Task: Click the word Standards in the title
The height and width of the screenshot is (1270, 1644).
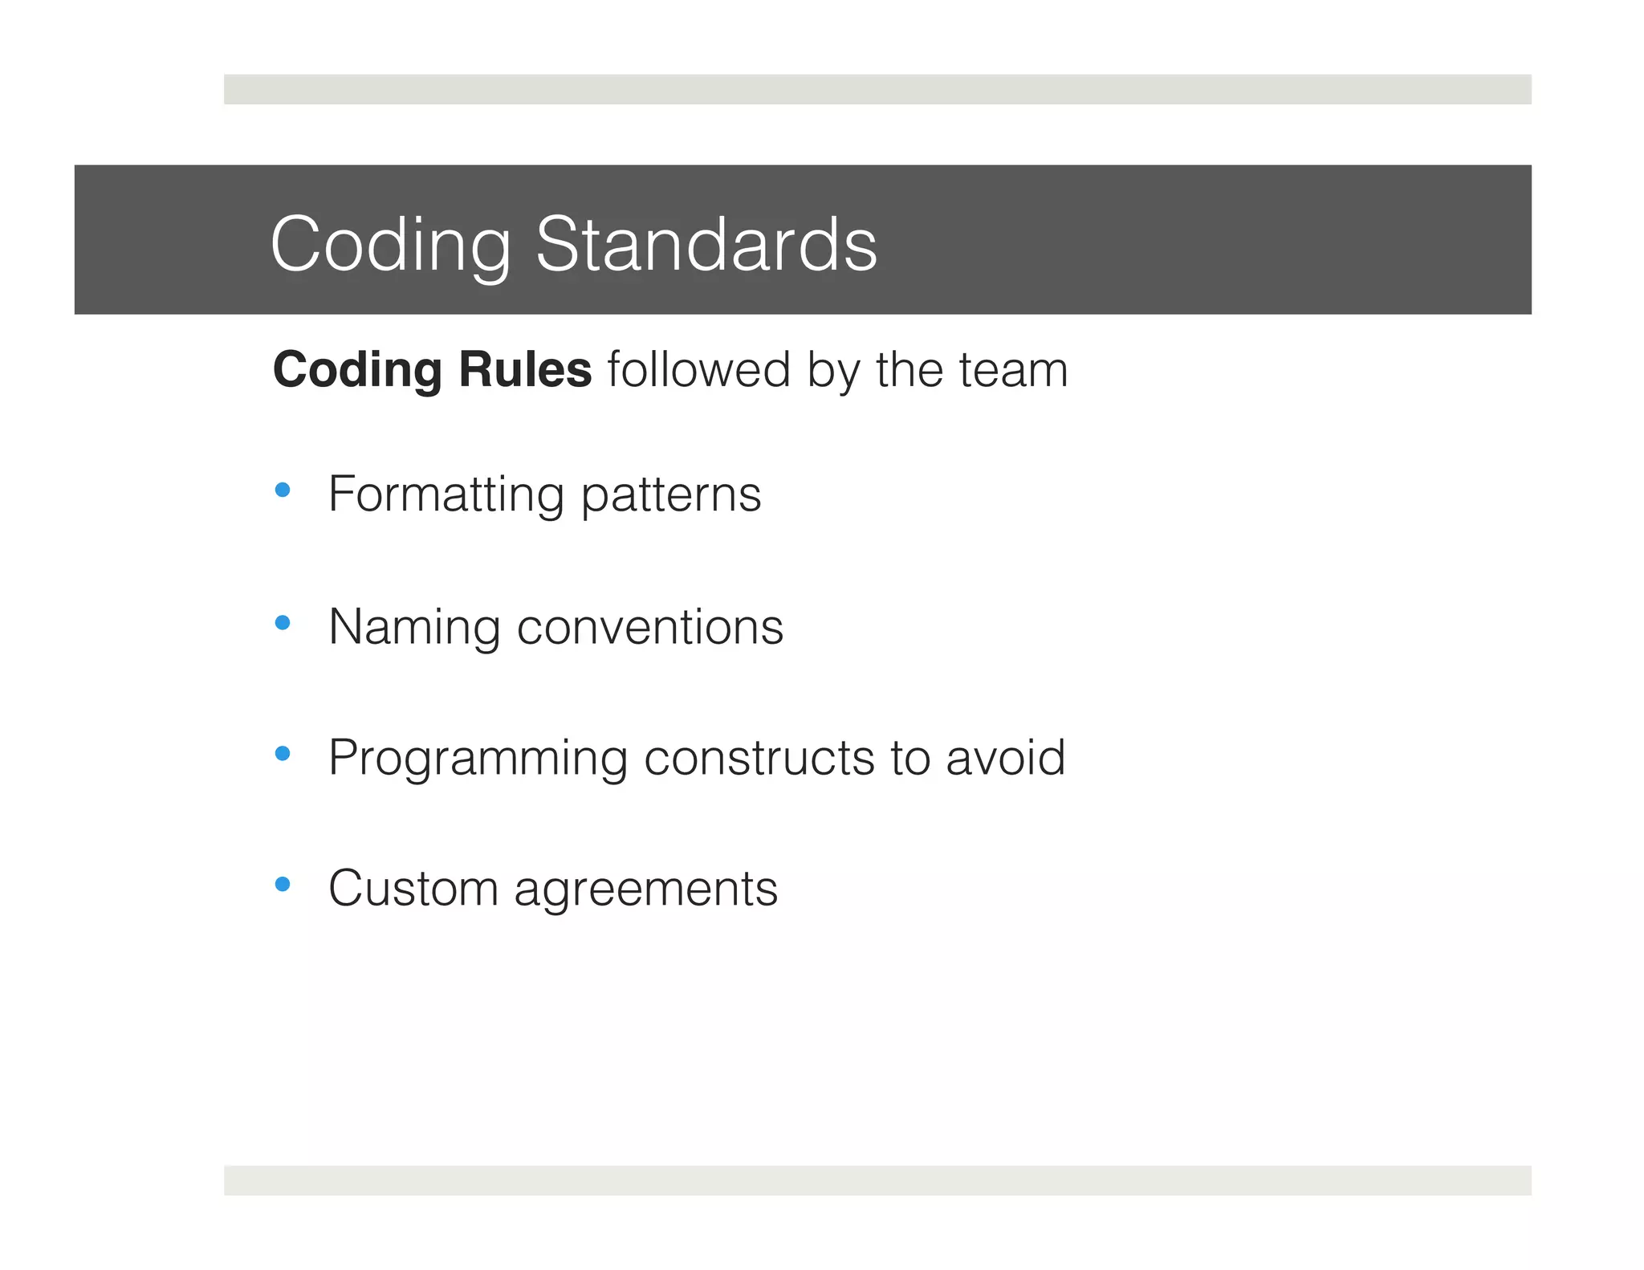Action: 706,244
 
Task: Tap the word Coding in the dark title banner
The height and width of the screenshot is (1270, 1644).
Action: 391,246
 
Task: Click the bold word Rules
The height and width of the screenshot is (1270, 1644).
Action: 525,370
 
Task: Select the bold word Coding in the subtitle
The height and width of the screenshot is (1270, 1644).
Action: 357,372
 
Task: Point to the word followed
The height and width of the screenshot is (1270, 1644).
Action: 699,370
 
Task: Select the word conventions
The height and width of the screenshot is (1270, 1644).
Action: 650,627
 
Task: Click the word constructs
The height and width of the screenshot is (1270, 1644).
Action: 759,758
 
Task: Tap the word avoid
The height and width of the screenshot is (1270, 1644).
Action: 1006,757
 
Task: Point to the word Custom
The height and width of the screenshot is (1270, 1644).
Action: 413,889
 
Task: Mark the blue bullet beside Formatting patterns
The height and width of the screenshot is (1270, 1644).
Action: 282,490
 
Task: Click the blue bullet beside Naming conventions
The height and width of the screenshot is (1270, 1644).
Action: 282,622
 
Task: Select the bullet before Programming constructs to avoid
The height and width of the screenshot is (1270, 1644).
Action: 282,753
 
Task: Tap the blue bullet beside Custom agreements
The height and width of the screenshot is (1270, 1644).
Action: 282,884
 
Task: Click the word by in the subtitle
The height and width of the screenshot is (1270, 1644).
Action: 832,372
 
